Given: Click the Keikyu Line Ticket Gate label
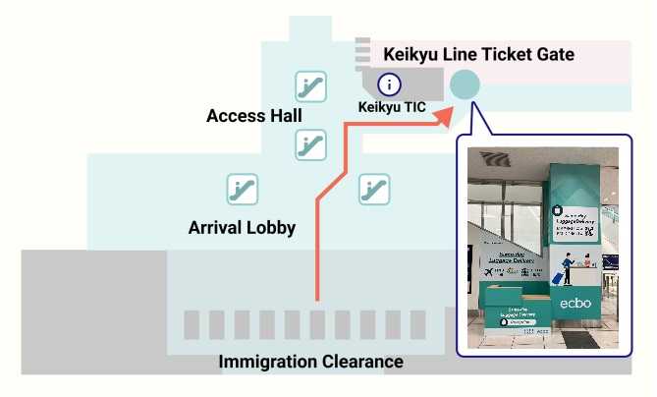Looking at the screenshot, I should tap(478, 54).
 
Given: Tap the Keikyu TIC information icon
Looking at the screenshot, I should tap(390, 85).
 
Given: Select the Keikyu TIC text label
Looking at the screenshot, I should tap(392, 106).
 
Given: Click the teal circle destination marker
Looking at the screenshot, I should tap(465, 85).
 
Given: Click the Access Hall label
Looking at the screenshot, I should tap(253, 116).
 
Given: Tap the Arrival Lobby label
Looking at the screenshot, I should tap(242, 228).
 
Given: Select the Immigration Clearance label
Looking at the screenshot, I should tap(310, 362).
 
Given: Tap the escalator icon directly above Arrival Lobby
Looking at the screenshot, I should tap(242, 189).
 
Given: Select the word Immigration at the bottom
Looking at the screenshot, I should tap(268, 362).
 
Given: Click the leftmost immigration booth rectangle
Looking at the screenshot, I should tap(192, 325).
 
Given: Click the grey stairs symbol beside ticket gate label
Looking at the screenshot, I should tap(362, 52).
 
